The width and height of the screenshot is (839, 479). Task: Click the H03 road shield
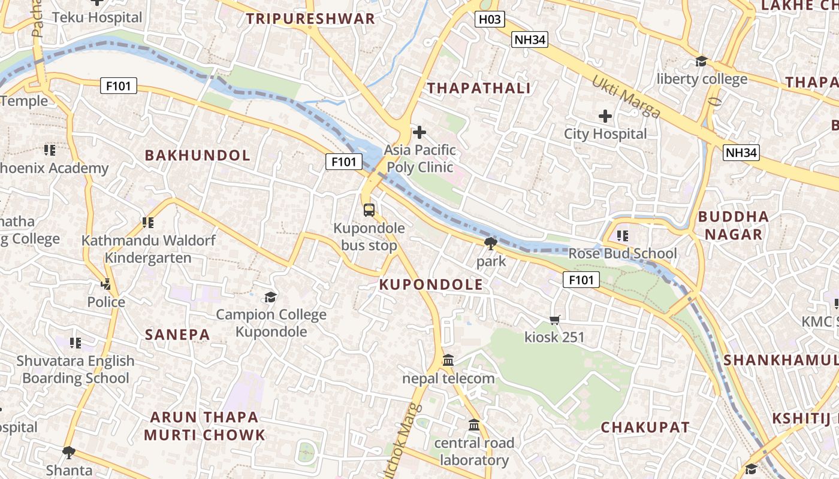pos(490,20)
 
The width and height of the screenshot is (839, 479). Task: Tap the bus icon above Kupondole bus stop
pos(369,210)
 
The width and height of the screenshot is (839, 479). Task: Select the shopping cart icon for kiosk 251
pos(554,320)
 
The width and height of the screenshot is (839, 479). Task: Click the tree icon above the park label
pos(491,243)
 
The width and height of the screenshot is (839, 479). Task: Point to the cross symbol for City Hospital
pos(605,116)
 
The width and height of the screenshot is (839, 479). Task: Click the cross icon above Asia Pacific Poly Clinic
pos(419,132)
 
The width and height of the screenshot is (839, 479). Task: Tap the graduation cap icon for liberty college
pos(701,61)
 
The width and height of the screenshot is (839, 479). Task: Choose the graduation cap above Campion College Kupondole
pos(271,297)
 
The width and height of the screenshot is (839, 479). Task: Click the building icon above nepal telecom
pos(448,360)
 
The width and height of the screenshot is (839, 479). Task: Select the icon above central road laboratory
pos(474,425)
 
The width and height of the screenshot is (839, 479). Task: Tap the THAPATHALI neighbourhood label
pos(478,89)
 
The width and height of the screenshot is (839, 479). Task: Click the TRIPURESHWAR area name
pos(310,19)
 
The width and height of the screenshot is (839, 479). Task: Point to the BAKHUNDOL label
pos(198,156)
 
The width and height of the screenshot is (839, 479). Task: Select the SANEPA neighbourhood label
pos(177,335)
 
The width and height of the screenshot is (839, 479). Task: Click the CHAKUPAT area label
pos(645,428)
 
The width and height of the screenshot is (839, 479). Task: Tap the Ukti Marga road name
pos(626,96)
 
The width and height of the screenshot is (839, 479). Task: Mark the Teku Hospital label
pos(97,17)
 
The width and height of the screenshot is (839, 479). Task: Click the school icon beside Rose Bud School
pos(622,236)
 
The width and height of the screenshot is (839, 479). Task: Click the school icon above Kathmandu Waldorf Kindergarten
pos(147,223)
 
